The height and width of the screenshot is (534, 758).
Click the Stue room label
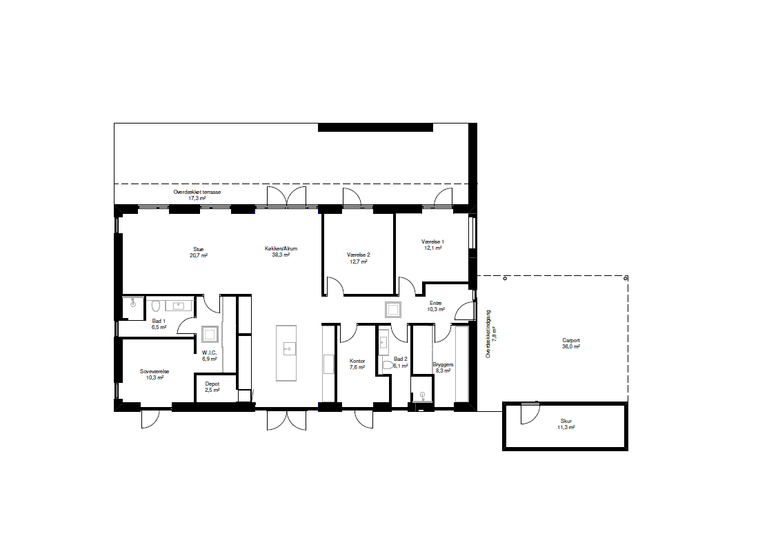pyautogui.click(x=198, y=249)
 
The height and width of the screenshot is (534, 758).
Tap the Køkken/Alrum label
pyautogui.click(x=281, y=248)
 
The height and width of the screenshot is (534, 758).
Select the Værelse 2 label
pyautogui.click(x=358, y=255)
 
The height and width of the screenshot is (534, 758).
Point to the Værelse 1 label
pyautogui.click(x=432, y=241)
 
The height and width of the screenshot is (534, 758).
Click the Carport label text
pyautogui.click(x=571, y=341)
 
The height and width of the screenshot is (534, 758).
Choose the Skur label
pyautogui.click(x=566, y=422)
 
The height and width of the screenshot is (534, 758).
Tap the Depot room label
pyautogui.click(x=212, y=384)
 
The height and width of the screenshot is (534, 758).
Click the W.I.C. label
pyautogui.click(x=209, y=353)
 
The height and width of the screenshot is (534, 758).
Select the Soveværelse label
pyautogui.click(x=154, y=371)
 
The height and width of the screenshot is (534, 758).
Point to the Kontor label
pyautogui.click(x=357, y=362)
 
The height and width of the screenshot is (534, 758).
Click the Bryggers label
pyautogui.click(x=443, y=365)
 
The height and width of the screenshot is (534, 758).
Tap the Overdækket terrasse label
pyautogui.click(x=197, y=192)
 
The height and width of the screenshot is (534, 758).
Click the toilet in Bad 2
pyautogui.click(x=387, y=365)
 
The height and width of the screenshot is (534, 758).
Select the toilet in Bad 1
pyautogui.click(x=156, y=306)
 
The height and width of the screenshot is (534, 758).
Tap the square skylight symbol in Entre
pyautogui.click(x=393, y=309)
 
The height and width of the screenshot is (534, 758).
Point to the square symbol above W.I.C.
pyautogui.click(x=210, y=334)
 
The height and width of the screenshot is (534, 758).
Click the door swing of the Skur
pyautogui.click(x=530, y=413)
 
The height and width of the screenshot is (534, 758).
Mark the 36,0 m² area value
pyautogui.click(x=571, y=347)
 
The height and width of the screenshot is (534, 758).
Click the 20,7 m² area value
pyautogui.click(x=198, y=255)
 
